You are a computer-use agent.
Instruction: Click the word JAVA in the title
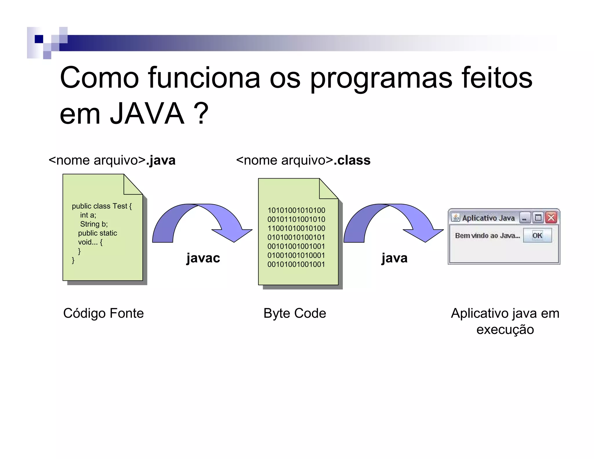(147, 114)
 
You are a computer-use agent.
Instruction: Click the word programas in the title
(381, 78)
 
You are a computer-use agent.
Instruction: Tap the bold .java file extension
(161, 160)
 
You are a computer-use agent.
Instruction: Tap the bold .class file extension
(352, 160)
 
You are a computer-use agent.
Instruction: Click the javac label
(203, 258)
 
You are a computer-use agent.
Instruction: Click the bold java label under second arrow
(394, 258)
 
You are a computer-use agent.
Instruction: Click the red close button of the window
(551, 218)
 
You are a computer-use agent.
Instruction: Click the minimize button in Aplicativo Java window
(525, 218)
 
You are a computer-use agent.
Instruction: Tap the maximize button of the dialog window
(538, 218)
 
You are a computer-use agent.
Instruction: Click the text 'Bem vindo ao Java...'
(487, 236)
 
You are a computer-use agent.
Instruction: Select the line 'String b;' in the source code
(94, 224)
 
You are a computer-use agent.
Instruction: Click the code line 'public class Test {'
(102, 206)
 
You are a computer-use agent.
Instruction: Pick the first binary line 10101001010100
(296, 210)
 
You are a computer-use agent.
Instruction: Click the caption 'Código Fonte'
(104, 313)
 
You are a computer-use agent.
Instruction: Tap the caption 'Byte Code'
(295, 313)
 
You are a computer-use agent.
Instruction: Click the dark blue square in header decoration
(39, 39)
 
